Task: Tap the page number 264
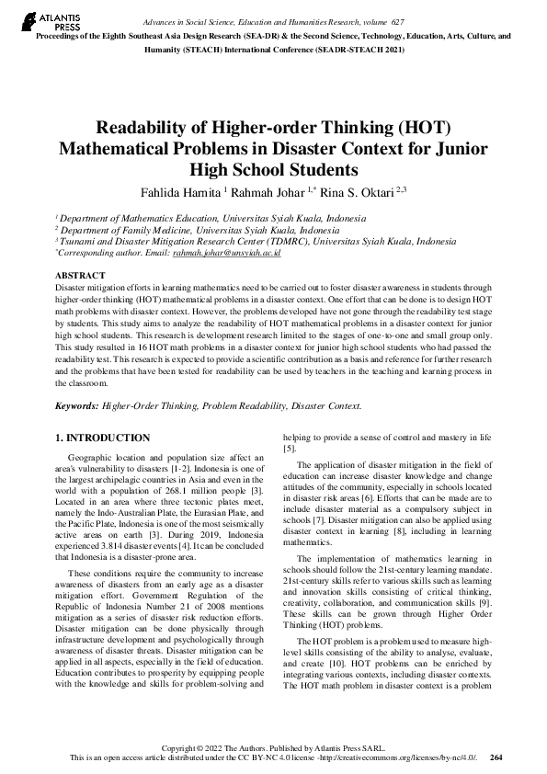pos(497,757)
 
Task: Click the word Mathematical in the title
pos(125,149)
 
